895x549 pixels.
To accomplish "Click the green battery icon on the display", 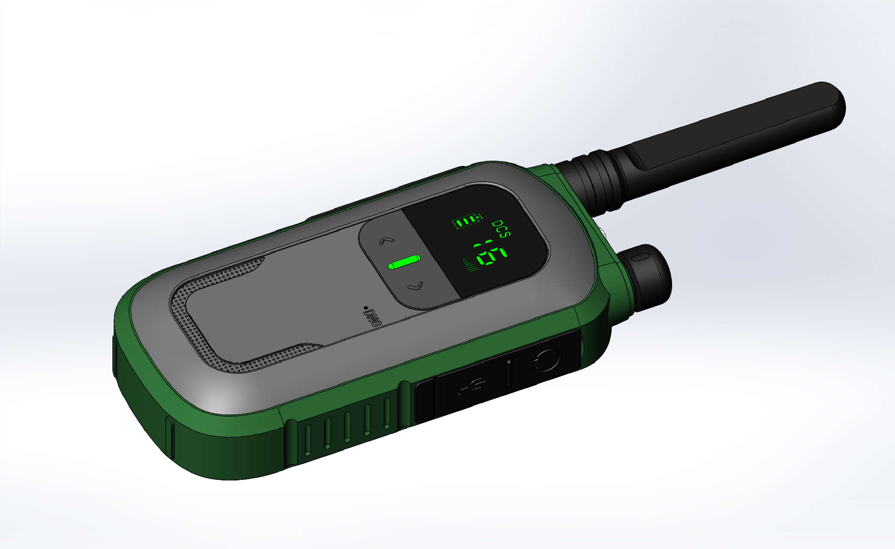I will click(x=467, y=222).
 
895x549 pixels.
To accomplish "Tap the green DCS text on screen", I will click(x=501, y=228).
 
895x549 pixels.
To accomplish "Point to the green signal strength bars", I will click(x=470, y=266).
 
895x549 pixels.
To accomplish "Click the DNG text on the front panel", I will click(x=371, y=318).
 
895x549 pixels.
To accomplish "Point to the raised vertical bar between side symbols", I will click(x=509, y=373).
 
